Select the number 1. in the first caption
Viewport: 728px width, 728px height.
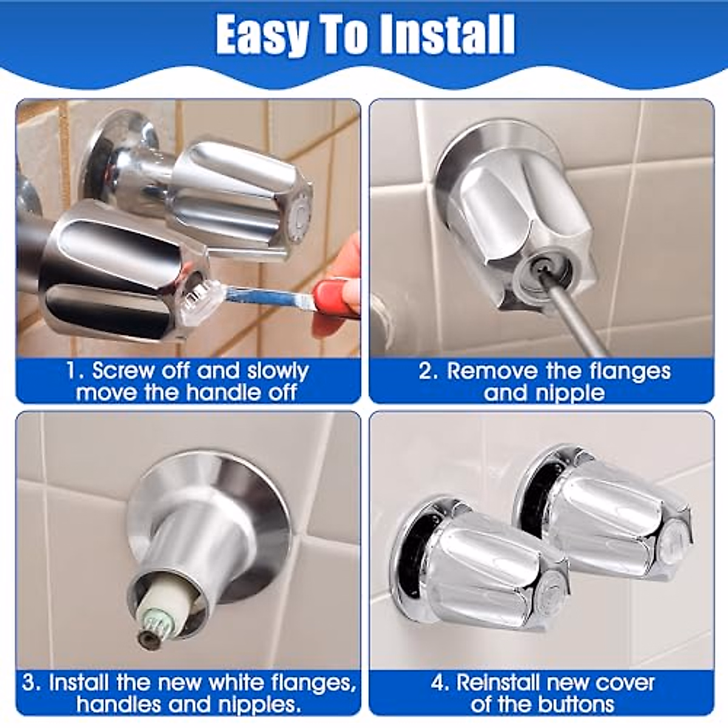(x=76, y=370)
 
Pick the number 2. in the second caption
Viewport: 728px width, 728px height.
(x=428, y=371)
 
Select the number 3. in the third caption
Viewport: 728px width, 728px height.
(x=32, y=682)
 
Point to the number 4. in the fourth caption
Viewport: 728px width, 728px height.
(x=440, y=682)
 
